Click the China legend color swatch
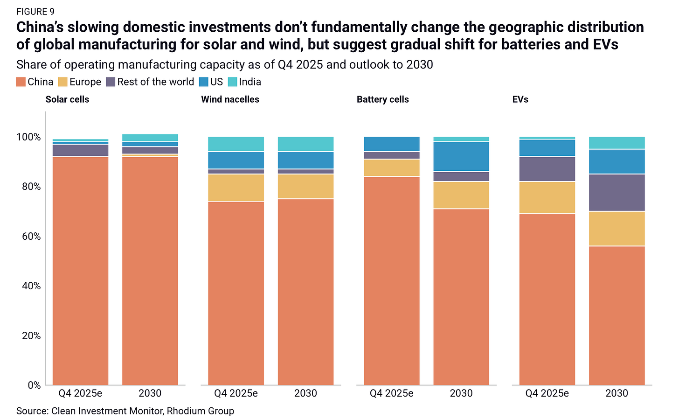tap(21, 82)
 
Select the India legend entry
tap(244, 82)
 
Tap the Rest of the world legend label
tap(155, 82)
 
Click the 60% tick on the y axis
tap(31, 236)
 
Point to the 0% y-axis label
tap(34, 385)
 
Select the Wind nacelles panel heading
tap(230, 99)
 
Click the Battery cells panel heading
tap(382, 99)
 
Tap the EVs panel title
tap(520, 99)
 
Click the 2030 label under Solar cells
tap(150, 393)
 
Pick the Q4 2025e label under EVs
tap(547, 393)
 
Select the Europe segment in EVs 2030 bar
tap(617, 229)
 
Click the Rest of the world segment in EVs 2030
tap(617, 193)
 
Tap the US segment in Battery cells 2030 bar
tap(461, 156)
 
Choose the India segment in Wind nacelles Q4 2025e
tap(236, 144)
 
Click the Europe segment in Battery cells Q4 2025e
tap(392, 168)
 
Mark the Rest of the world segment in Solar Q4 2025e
tap(80, 150)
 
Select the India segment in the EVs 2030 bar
tap(617, 142)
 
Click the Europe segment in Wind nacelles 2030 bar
tap(306, 187)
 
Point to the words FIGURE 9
tap(35, 12)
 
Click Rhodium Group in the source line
tap(201, 411)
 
